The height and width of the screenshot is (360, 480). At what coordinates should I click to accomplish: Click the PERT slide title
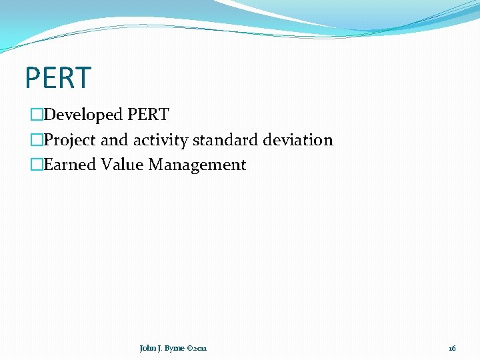(x=57, y=78)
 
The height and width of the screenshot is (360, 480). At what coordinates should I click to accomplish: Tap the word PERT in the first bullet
(x=149, y=115)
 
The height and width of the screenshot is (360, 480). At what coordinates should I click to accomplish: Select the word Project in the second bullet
(x=70, y=141)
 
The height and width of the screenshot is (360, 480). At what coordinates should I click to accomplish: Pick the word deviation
(x=298, y=141)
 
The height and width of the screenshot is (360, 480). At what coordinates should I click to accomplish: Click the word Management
(x=197, y=165)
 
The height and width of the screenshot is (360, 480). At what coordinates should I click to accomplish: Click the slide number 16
(x=452, y=349)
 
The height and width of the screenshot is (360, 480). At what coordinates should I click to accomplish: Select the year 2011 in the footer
(x=201, y=349)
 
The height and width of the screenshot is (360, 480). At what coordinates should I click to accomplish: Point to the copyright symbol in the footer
(x=189, y=349)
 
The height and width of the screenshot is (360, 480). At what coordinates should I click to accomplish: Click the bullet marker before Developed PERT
(x=36, y=115)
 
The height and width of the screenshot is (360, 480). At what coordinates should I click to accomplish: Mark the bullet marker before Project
(x=36, y=141)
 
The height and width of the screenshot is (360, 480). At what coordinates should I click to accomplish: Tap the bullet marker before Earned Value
(x=36, y=165)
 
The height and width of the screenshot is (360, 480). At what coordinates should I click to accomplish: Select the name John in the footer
(x=147, y=349)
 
